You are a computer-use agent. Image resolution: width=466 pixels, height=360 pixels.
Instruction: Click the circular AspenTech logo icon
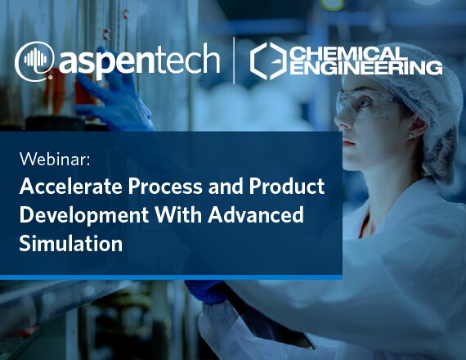click(34, 61)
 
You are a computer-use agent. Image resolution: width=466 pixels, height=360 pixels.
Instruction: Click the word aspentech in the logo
click(139, 61)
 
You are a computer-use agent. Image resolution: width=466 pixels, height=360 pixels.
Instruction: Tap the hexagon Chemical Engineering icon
click(268, 61)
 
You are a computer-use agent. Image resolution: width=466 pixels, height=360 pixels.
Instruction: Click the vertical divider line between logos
click(234, 61)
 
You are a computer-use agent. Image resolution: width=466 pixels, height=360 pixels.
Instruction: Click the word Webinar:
click(55, 160)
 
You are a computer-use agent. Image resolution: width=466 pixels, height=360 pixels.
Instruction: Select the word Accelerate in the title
click(71, 187)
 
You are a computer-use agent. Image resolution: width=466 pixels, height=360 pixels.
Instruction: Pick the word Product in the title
click(287, 187)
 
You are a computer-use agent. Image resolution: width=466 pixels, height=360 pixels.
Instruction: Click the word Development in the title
click(84, 216)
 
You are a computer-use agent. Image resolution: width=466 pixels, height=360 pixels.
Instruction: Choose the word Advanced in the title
click(256, 214)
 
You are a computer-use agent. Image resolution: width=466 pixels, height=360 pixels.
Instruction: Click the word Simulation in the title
click(71, 243)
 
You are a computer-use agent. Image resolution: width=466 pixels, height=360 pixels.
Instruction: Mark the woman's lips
click(349, 142)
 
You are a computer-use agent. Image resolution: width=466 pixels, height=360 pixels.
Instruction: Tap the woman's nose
click(341, 121)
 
